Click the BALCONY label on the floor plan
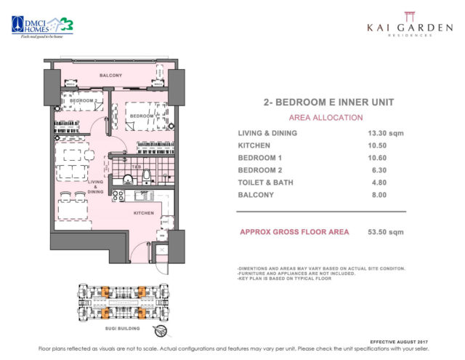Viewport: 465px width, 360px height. tap(111, 75)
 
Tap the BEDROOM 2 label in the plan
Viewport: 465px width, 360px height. tap(86, 101)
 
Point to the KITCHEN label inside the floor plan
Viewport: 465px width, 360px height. tap(144, 213)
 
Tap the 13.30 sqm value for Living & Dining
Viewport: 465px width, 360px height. tap(387, 132)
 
